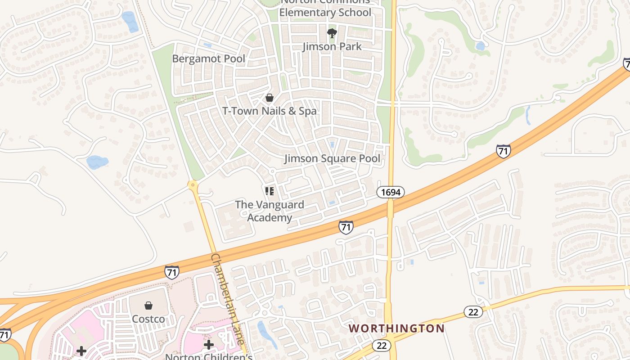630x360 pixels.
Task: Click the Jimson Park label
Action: pyautogui.click(x=332, y=46)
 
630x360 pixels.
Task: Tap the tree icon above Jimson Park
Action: pyautogui.click(x=332, y=33)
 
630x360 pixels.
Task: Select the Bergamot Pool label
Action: pyautogui.click(x=209, y=58)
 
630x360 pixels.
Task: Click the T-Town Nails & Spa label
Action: pyautogui.click(x=270, y=111)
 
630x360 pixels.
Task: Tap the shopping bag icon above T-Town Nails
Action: pyautogui.click(x=270, y=97)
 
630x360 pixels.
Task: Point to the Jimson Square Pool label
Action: pyautogui.click(x=332, y=158)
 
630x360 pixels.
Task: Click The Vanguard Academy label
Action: pyautogui.click(x=270, y=211)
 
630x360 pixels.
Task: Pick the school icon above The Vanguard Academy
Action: pyautogui.click(x=270, y=192)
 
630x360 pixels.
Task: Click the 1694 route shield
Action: pyautogui.click(x=390, y=193)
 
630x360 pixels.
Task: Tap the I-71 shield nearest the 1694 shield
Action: pyautogui.click(x=346, y=227)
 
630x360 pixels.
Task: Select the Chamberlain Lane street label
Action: pyautogui.click(x=228, y=299)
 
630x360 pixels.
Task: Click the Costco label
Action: pyautogui.click(x=148, y=319)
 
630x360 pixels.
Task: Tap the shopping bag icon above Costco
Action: pyautogui.click(x=148, y=306)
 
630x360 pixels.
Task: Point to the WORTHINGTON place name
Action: pyautogui.click(x=396, y=328)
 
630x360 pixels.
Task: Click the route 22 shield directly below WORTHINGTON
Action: pyautogui.click(x=382, y=345)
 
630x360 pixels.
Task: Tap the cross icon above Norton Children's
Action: pyautogui.click(x=209, y=345)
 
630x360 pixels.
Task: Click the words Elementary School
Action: pyautogui.click(x=325, y=12)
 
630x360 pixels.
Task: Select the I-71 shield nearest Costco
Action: pyautogui.click(x=171, y=272)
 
